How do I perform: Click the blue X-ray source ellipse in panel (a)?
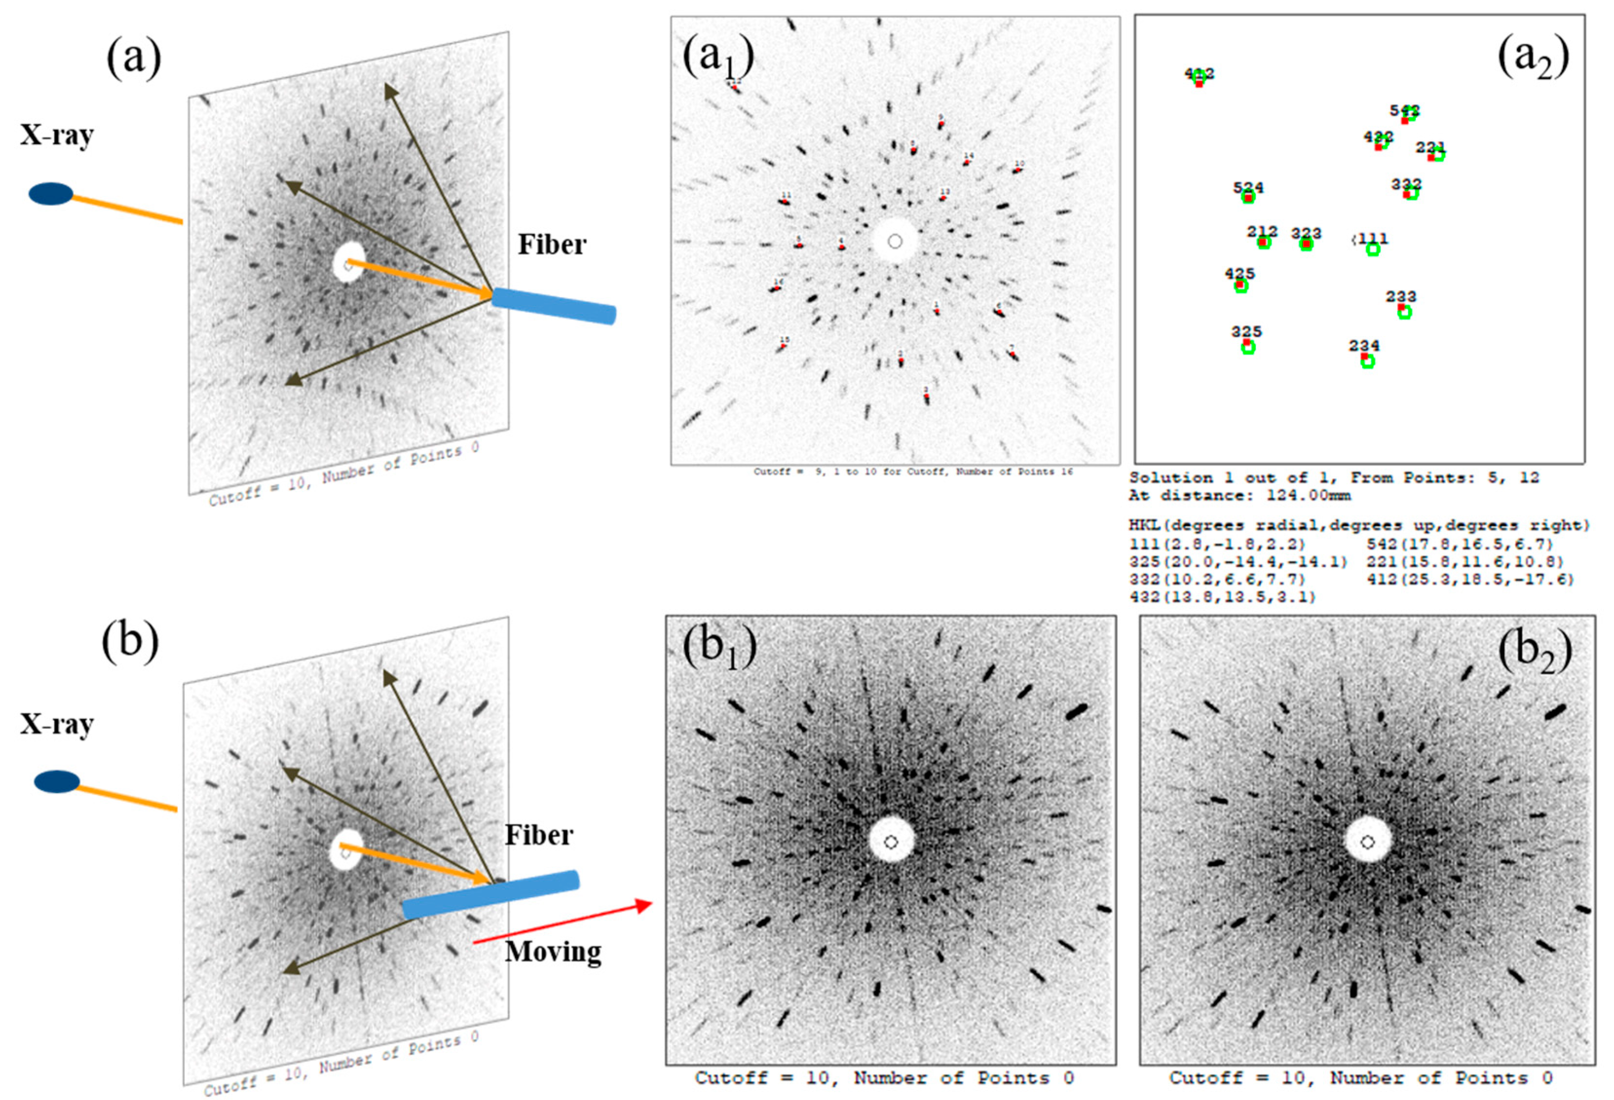(51, 194)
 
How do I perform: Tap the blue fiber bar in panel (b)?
(490, 895)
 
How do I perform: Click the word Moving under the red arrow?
(553, 951)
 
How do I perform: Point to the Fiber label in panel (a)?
(552, 244)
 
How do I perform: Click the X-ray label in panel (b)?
(56, 724)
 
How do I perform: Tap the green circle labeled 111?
(1373, 249)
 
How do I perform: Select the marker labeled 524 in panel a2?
(1248, 197)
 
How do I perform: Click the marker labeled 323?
(1306, 244)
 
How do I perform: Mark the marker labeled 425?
(1241, 285)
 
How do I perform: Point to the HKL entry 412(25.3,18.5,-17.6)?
(1469, 579)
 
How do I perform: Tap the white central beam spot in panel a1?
(894, 241)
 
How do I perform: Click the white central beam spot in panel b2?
(1368, 841)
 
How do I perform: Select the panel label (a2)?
(1533, 58)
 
